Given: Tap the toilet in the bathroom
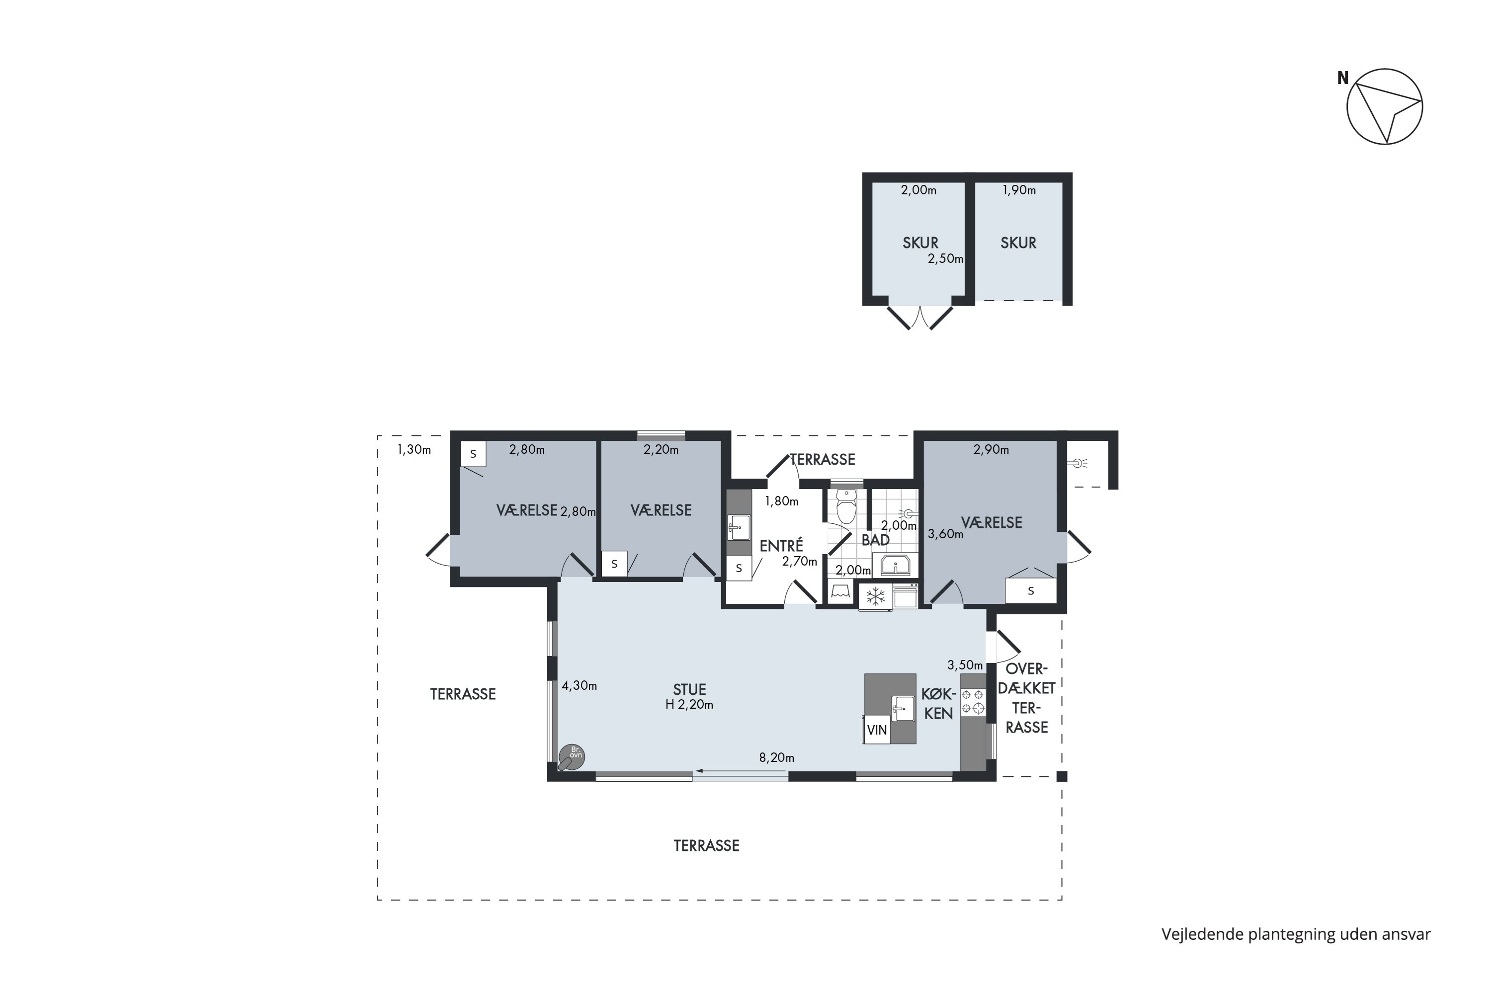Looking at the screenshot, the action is pyautogui.click(x=846, y=506).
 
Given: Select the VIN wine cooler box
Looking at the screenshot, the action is pyautogui.click(x=877, y=730).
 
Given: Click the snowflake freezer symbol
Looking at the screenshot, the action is pyautogui.click(x=875, y=596).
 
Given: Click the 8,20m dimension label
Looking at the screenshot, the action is pyautogui.click(x=776, y=757).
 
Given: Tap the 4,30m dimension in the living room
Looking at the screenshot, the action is pyautogui.click(x=580, y=685).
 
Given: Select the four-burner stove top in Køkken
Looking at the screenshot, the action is pyautogui.click(x=973, y=702).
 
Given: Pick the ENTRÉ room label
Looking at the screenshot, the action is pyautogui.click(x=781, y=545).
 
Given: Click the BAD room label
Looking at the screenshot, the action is pyautogui.click(x=875, y=539).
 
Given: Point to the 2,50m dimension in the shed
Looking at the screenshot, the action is pyautogui.click(x=946, y=258).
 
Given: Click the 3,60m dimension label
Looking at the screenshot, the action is pyautogui.click(x=945, y=534).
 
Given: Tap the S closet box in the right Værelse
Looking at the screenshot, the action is pyautogui.click(x=1031, y=591).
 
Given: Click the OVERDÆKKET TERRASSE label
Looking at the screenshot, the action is pyautogui.click(x=1027, y=697).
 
